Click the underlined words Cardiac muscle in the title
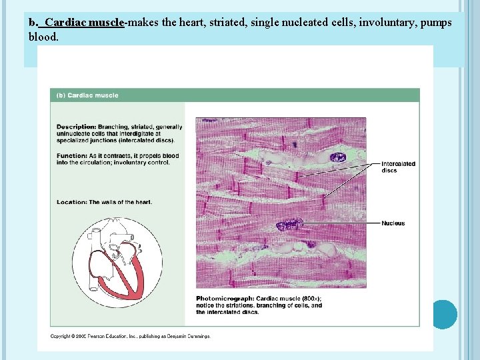[84, 23]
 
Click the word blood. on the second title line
[44, 37]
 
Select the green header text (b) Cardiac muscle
[87, 95]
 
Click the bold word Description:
[76, 127]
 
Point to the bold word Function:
[71, 156]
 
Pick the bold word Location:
[71, 202]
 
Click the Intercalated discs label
[398, 167]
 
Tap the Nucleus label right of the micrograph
[393, 223]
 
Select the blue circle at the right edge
[444, 314]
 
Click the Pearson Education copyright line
[131, 336]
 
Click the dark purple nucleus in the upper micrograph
[338, 157]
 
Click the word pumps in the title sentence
[437, 23]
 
